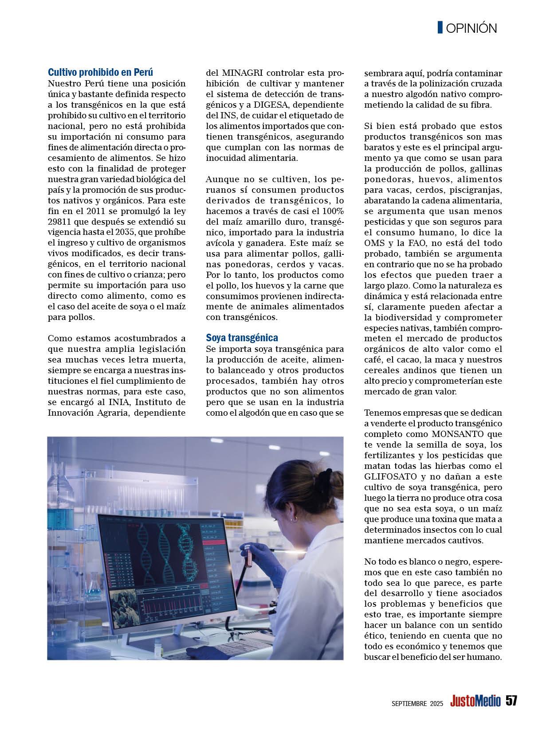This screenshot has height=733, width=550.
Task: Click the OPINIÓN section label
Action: point(471,28)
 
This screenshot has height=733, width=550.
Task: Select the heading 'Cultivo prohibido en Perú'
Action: point(100,72)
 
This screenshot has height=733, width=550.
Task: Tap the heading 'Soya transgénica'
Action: point(242,338)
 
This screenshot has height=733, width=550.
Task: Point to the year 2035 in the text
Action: point(135,232)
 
